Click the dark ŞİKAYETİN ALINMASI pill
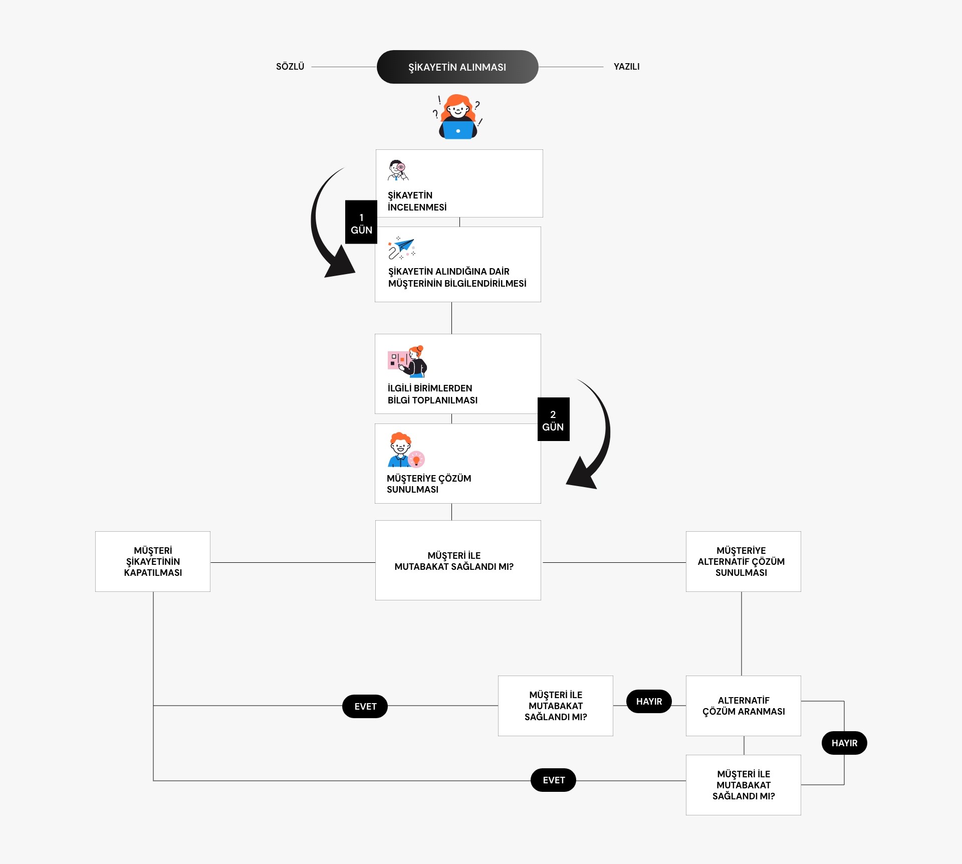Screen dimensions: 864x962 457,67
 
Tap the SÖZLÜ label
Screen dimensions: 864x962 290,67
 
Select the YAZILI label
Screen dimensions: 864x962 626,67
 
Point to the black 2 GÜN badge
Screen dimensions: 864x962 553,419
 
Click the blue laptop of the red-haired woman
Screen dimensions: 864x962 458,130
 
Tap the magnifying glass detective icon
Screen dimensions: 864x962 399,170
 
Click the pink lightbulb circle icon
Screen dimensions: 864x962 416,459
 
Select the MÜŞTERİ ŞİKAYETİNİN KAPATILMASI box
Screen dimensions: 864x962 153,561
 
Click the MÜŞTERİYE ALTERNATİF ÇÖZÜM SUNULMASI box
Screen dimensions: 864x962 743,561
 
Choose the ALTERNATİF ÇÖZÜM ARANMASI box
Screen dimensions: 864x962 743,706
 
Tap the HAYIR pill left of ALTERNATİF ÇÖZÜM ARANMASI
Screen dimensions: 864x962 649,702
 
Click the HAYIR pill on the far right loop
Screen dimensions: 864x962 844,743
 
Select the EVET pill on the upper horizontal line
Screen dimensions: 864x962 365,706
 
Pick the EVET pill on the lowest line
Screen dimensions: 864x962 553,780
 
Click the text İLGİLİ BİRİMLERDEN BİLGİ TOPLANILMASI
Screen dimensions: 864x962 432,394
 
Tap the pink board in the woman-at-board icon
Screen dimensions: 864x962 396,360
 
